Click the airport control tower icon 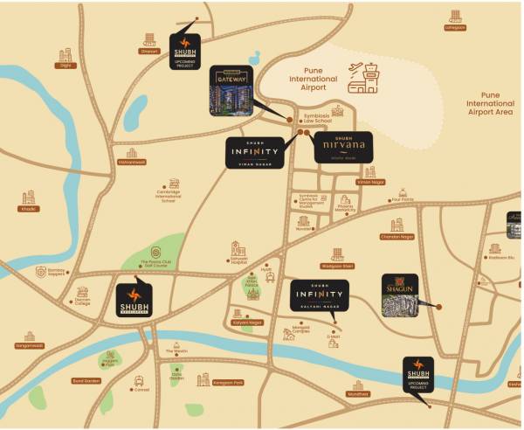[x=363, y=78]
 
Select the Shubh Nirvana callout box [x=342, y=148]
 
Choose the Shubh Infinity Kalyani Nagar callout [x=320, y=296]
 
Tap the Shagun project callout [x=399, y=295]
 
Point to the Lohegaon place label [x=455, y=27]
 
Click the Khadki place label [x=29, y=209]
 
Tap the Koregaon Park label [x=227, y=383]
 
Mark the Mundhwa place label [x=358, y=393]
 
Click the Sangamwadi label [x=30, y=345]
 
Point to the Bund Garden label [x=86, y=380]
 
